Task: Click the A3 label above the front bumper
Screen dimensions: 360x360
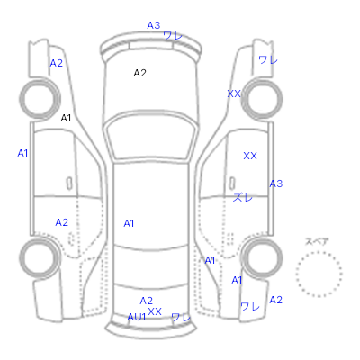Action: click(x=154, y=25)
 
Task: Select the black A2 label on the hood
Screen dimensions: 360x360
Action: click(x=139, y=73)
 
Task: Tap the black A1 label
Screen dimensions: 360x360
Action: click(x=66, y=118)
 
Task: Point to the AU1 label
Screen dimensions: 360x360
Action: click(x=137, y=317)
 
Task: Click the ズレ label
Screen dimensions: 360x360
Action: click(x=243, y=197)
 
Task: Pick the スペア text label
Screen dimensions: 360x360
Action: click(x=317, y=242)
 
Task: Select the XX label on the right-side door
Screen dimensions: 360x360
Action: click(x=250, y=156)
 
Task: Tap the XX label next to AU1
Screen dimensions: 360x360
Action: click(x=155, y=311)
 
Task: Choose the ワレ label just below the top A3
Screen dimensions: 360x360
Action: click(x=173, y=36)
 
